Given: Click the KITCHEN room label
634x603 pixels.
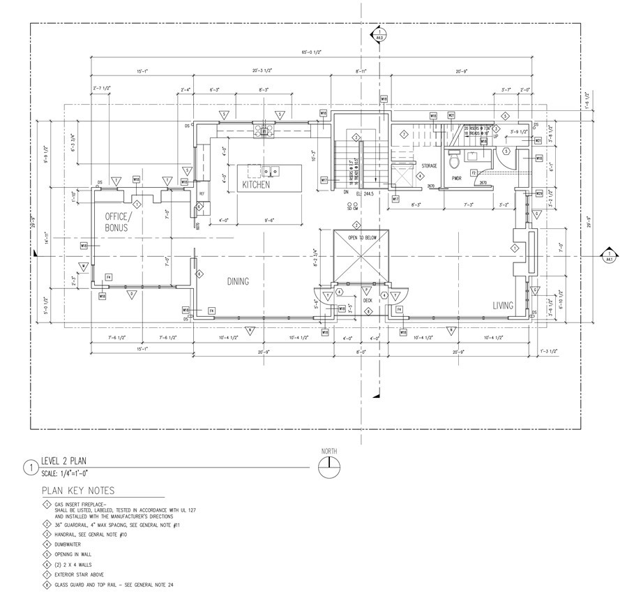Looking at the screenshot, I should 256,185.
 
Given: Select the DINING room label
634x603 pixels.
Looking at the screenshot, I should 238,281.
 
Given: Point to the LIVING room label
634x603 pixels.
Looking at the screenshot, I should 502,305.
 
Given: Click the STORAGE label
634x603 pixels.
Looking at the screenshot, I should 428,166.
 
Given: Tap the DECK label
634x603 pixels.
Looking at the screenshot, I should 368,300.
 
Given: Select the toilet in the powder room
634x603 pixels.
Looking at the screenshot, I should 454,161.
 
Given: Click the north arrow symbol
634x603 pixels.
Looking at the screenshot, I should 329,468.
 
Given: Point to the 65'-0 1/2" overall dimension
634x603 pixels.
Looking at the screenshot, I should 312,53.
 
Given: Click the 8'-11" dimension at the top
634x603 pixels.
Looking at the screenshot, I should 361,71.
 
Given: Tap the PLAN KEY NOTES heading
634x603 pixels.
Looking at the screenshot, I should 78,491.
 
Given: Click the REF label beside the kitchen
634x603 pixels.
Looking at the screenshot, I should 202,193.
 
